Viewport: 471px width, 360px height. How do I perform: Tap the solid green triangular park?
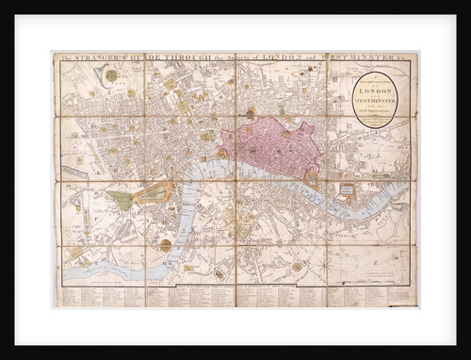(x=120, y=200)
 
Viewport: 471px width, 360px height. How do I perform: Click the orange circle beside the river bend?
(x=166, y=245)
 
